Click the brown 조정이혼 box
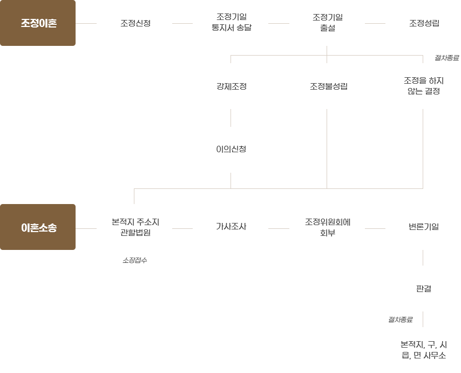point(38,23)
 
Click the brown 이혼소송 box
point(38,227)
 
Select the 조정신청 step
point(135,23)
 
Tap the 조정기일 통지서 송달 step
point(232,22)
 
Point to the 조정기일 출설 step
point(328,23)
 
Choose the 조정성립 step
point(424,23)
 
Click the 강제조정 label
point(232,86)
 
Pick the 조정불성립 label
point(329,86)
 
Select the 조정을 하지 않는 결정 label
point(424,86)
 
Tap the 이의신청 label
point(231,150)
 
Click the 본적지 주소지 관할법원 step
point(135,227)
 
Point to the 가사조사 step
point(231,227)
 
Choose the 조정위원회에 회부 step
point(328,227)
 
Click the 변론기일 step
point(424,227)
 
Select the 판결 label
point(424,289)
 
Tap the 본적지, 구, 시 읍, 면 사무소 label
point(424,350)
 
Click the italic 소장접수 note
point(134,260)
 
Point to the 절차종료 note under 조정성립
point(446,58)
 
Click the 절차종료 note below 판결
point(400,320)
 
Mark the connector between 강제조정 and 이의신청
point(231,118)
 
